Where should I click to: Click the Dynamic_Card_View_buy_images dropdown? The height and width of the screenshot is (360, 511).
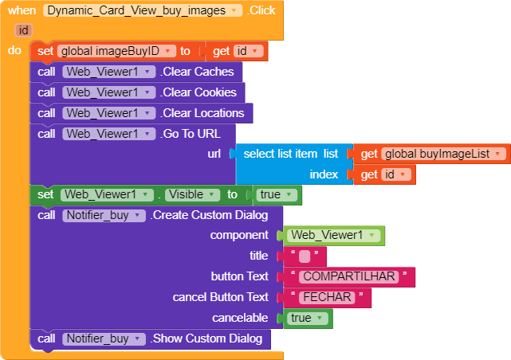point(143,11)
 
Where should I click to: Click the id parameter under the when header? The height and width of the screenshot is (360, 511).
point(24,30)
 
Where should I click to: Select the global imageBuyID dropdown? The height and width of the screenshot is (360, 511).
point(116,51)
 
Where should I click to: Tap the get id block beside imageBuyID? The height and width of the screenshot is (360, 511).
point(238,51)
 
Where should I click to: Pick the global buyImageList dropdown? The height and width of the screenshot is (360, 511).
point(443,154)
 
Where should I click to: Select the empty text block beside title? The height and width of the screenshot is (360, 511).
point(304,256)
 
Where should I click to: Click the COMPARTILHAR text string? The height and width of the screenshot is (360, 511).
point(348,277)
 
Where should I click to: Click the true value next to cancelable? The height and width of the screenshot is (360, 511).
point(305,318)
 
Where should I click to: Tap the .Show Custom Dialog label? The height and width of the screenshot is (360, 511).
point(206,338)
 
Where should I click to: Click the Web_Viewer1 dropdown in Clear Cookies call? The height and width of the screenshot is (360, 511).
point(108,92)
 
